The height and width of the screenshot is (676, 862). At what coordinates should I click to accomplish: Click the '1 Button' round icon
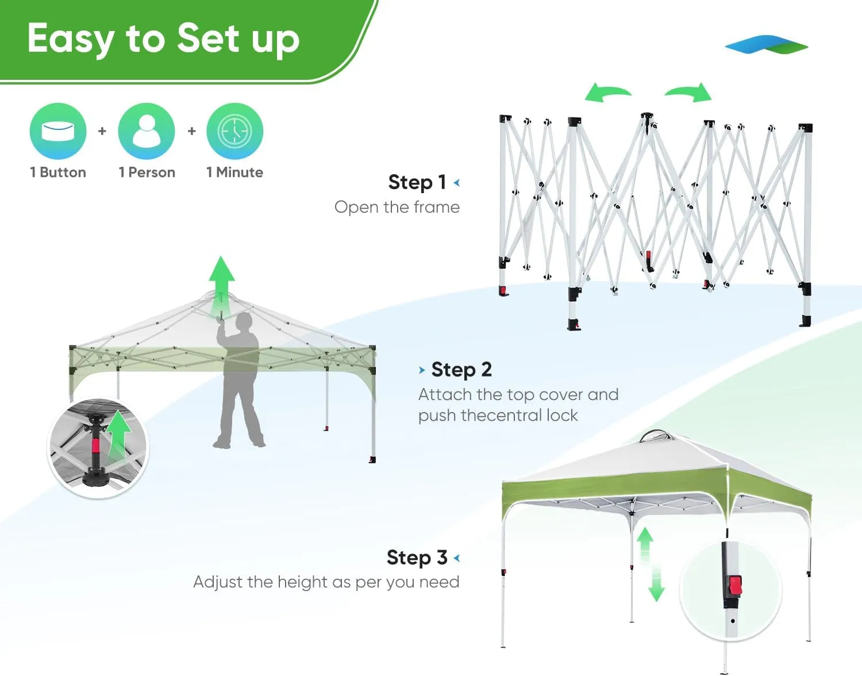(58, 131)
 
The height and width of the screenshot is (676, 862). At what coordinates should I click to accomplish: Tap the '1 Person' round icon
(147, 131)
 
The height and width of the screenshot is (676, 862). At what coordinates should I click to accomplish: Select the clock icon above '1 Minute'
(234, 131)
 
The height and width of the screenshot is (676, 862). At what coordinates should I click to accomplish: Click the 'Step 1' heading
(418, 182)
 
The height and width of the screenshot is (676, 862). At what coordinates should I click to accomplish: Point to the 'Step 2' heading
(461, 370)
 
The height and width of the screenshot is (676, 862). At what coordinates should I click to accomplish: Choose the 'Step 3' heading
(417, 557)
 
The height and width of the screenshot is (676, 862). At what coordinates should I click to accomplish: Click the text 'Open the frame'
(397, 207)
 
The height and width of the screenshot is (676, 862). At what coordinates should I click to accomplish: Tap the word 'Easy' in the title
(71, 39)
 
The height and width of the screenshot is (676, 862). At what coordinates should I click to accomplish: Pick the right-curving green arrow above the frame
(690, 92)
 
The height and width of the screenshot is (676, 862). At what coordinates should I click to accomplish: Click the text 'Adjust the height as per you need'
(326, 582)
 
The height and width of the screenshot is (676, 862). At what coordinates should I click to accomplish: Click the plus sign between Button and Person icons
(102, 131)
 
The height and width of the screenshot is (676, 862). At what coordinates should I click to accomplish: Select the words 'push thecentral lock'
(498, 415)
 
